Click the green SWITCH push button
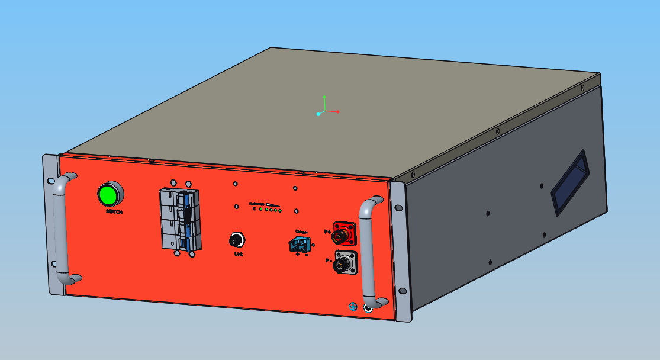click(x=109, y=194)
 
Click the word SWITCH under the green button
click(x=114, y=211)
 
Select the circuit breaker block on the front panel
click(x=180, y=219)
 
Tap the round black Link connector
click(x=237, y=240)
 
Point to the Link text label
click(x=239, y=253)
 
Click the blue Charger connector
click(x=301, y=243)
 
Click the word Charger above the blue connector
click(x=302, y=232)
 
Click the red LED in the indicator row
click(x=254, y=209)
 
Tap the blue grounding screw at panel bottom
click(x=353, y=306)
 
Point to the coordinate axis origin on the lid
click(x=319, y=114)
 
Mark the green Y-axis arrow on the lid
click(x=324, y=99)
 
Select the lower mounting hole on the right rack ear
click(x=403, y=291)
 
